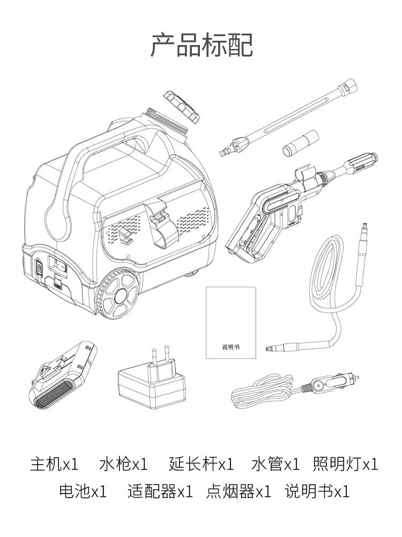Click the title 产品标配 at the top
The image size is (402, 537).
pyautogui.click(x=201, y=45)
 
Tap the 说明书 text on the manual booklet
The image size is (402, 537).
pyautogui.click(x=231, y=347)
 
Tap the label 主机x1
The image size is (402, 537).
pyautogui.click(x=54, y=464)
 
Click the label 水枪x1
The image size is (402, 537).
pyautogui.click(x=123, y=464)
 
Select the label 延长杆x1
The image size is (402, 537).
pyautogui.click(x=201, y=464)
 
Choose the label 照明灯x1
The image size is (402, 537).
pyautogui.click(x=345, y=464)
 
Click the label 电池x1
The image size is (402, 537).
pyautogui.click(x=83, y=491)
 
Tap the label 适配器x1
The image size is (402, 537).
pyautogui.click(x=160, y=491)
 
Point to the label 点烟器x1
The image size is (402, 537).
pyautogui.click(x=239, y=491)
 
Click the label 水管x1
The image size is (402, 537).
pyautogui.click(x=275, y=464)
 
